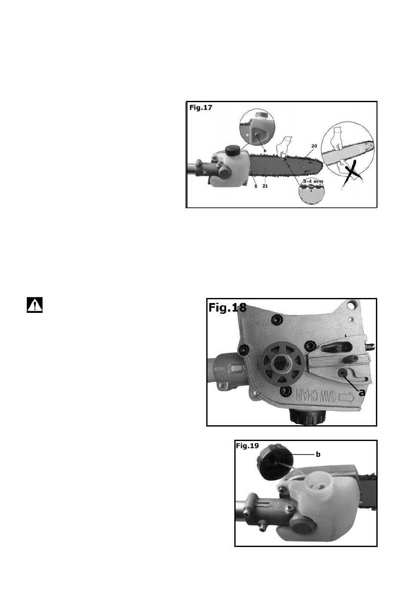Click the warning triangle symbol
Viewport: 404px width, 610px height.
[34, 305]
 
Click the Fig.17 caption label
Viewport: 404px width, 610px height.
[200, 108]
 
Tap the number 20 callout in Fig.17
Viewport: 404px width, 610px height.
[314, 146]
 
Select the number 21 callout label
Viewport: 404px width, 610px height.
[265, 186]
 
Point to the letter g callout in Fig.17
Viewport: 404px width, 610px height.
[256, 186]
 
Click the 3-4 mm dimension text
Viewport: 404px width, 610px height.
[313, 181]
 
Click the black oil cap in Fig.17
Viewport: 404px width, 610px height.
[232, 150]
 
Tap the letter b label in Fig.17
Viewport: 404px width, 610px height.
[265, 151]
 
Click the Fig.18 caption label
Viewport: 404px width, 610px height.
[227, 307]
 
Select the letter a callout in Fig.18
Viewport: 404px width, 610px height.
[361, 392]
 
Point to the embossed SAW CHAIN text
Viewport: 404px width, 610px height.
[315, 396]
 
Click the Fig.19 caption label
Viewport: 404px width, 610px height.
[247, 446]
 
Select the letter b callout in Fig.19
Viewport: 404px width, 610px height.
[318, 454]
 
